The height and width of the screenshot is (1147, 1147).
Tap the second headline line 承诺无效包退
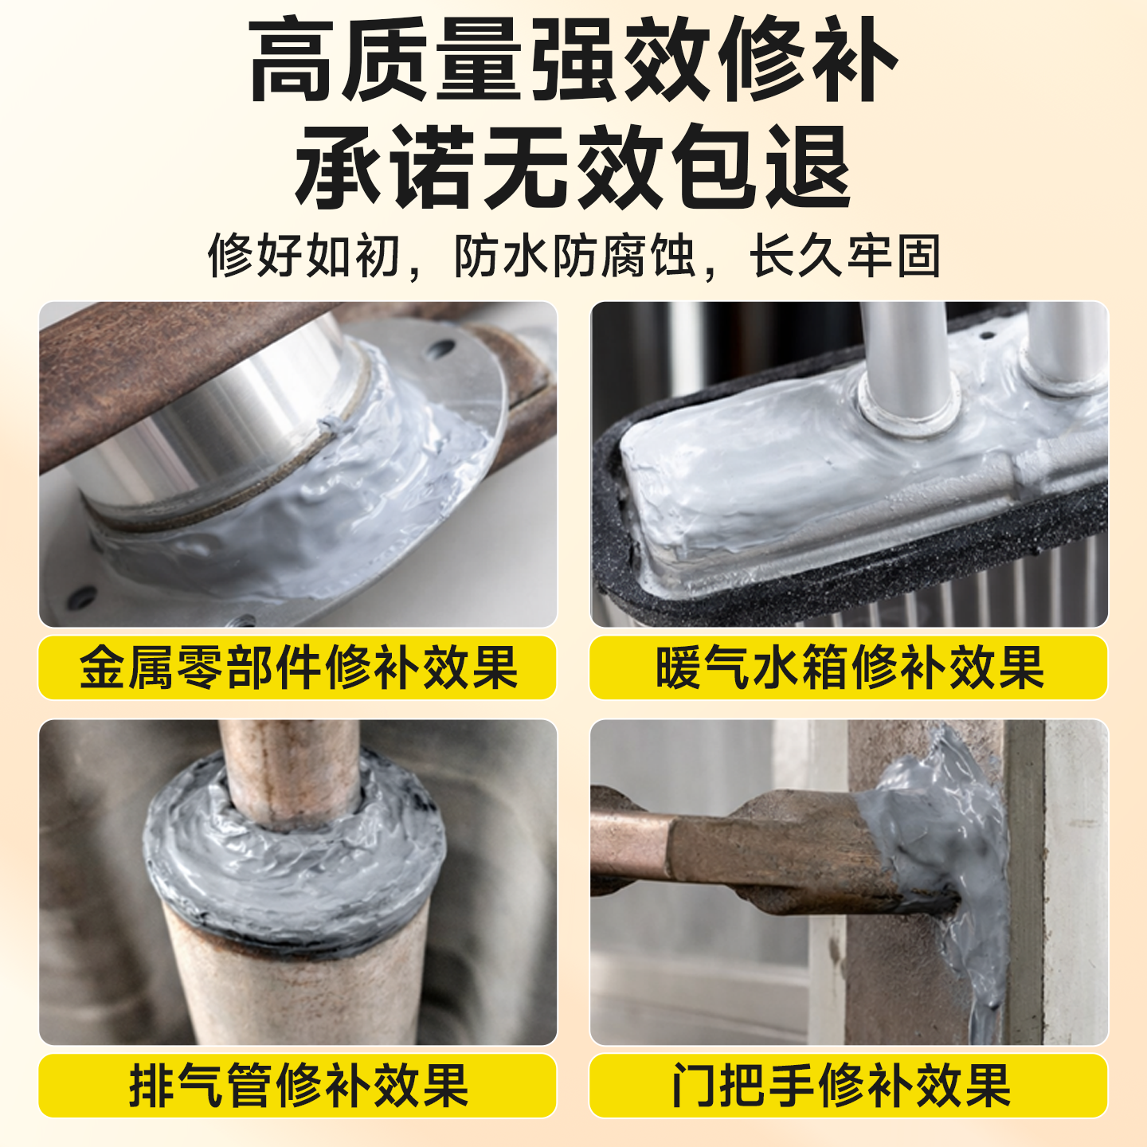[573, 167]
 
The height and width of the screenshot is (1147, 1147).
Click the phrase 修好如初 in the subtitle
[303, 256]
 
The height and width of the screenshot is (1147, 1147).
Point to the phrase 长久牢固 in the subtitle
[844, 256]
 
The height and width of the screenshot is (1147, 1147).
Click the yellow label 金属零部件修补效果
[297, 667]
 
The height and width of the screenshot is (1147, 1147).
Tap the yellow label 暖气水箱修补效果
[848, 667]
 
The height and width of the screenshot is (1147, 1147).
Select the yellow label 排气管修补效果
[297, 1085]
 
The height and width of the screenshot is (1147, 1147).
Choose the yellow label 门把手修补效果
[848, 1085]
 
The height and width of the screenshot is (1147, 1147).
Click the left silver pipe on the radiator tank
[908, 358]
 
